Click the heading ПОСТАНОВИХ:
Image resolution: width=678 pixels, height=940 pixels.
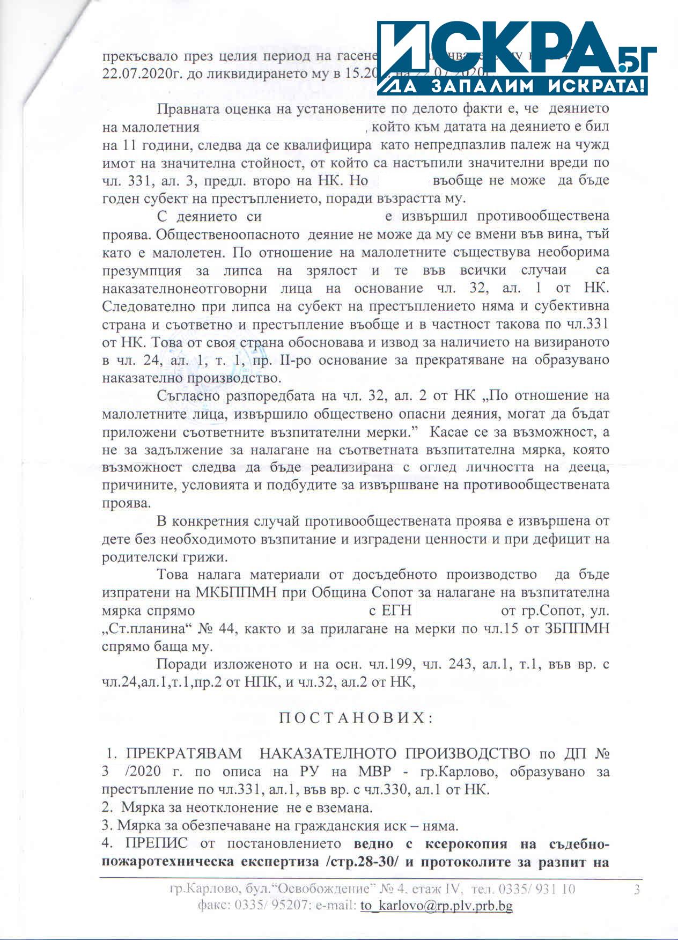[x=356, y=718]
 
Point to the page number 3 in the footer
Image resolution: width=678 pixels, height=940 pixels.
[x=637, y=890]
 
